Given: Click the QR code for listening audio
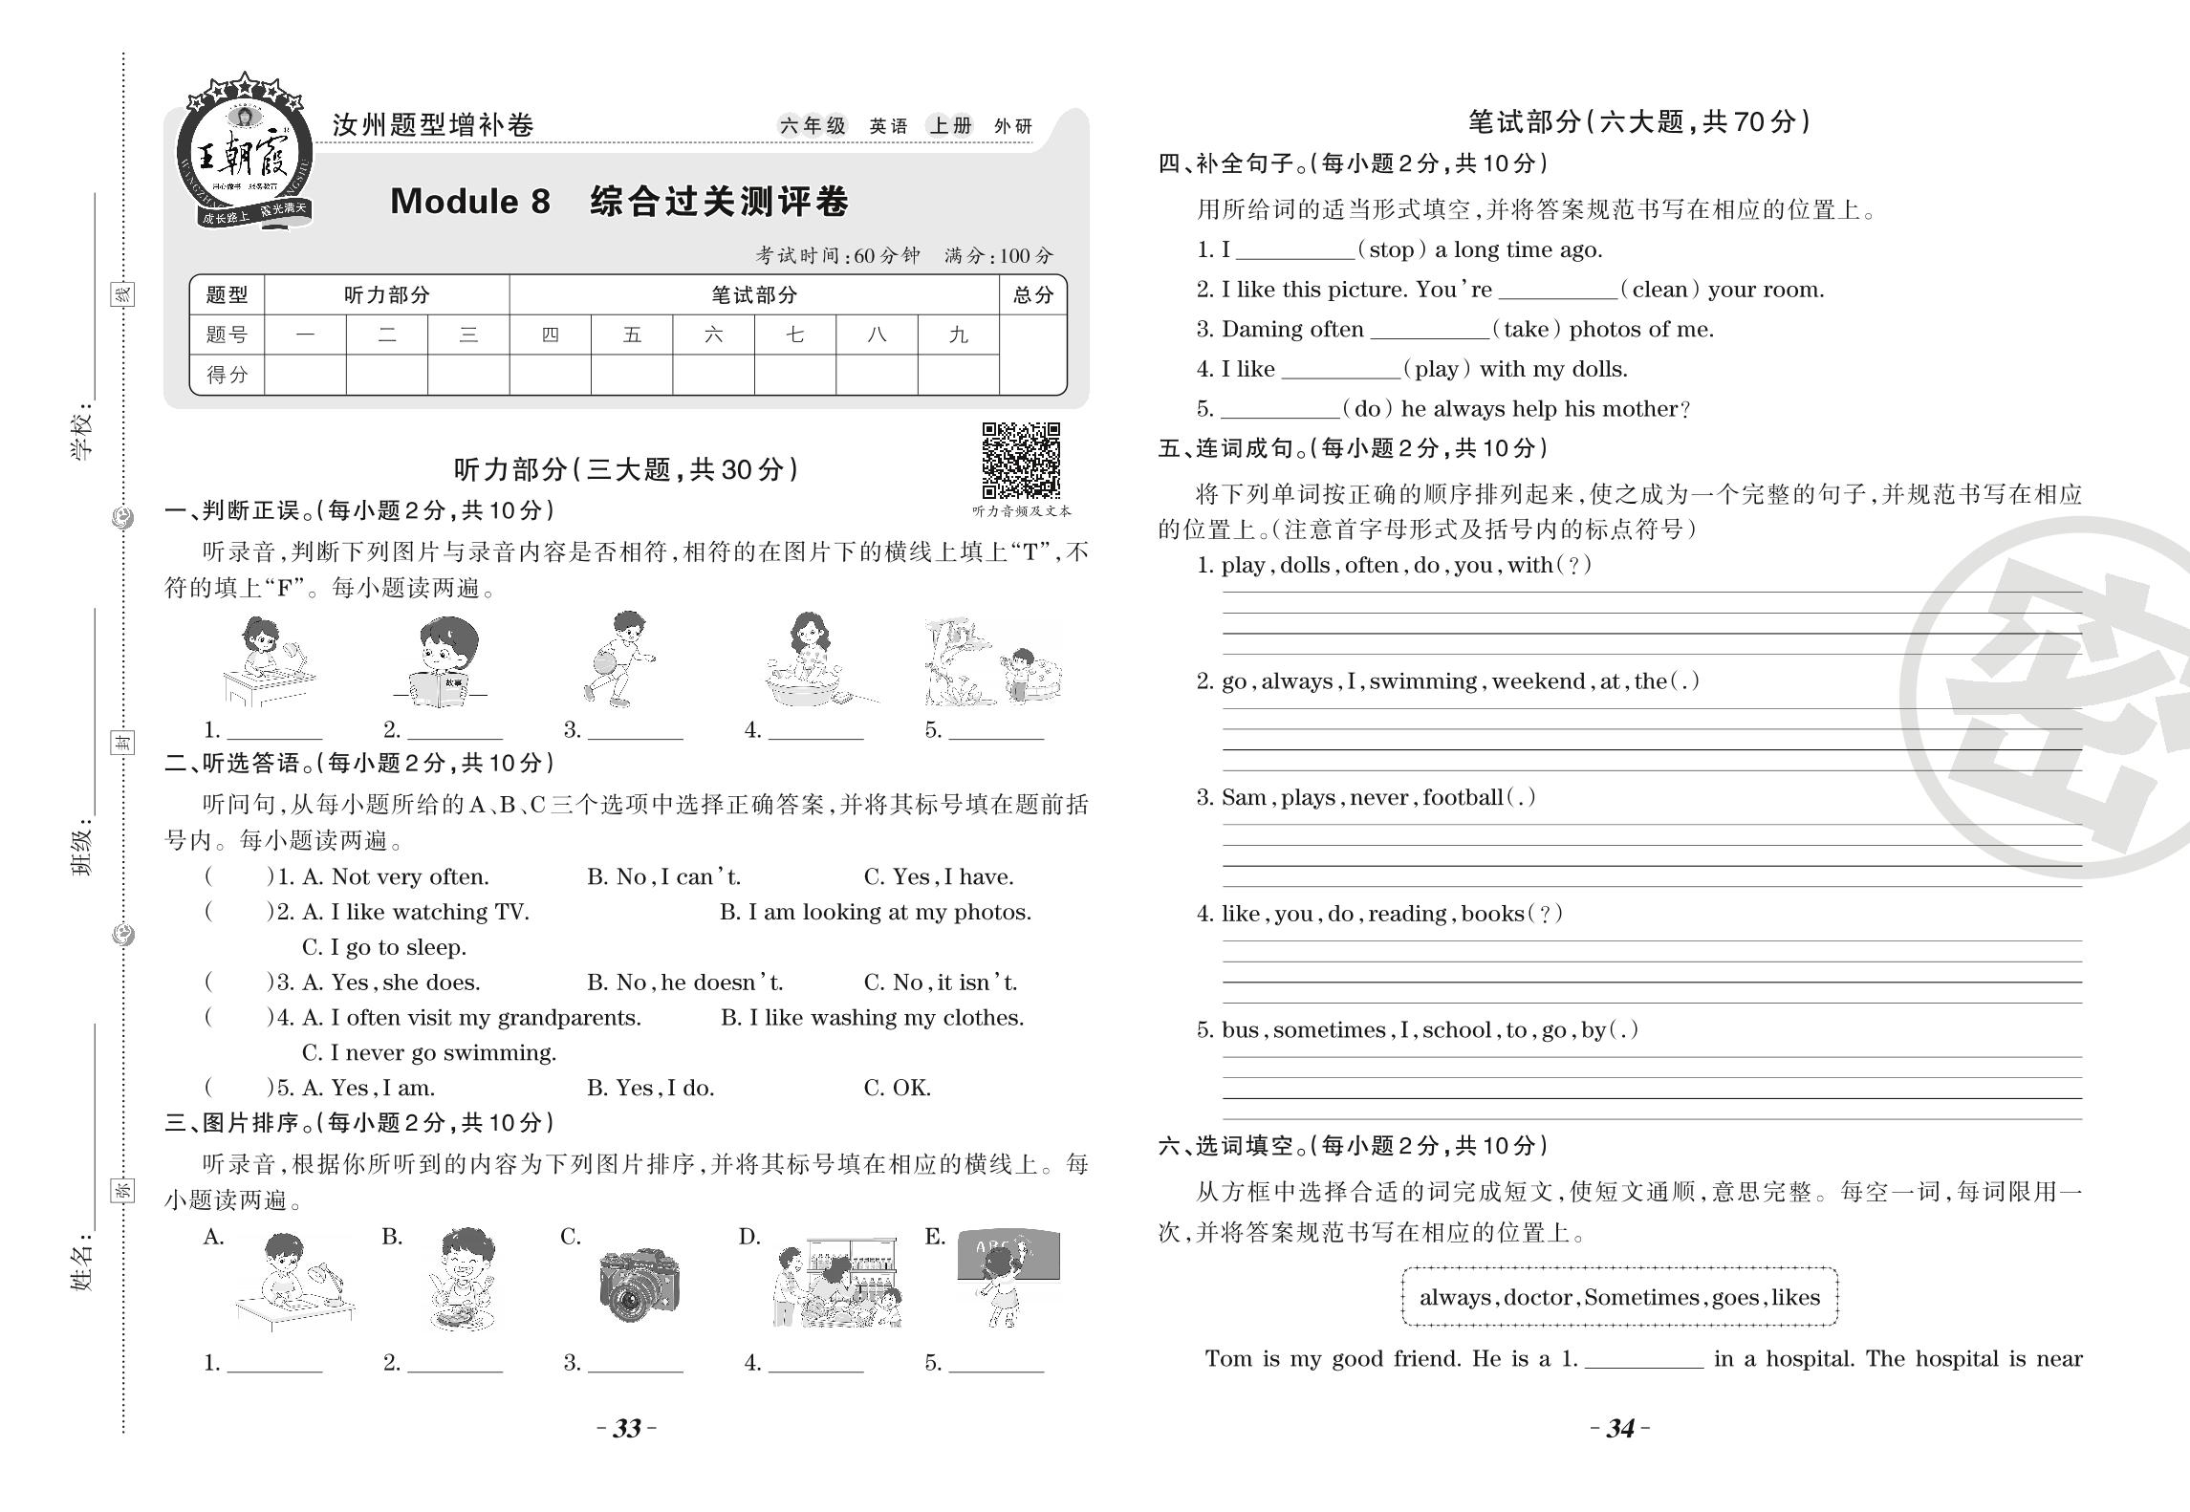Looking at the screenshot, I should [1021, 460].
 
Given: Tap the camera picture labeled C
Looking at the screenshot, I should [640, 1284].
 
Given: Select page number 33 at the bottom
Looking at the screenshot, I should [626, 1428].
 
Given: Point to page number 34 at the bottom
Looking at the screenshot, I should [1620, 1428].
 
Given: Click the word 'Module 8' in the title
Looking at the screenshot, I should [470, 202].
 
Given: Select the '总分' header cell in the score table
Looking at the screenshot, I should [1032, 295].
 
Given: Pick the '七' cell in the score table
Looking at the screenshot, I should [794, 335].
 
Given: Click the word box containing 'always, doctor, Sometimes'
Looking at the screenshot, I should [1619, 1297].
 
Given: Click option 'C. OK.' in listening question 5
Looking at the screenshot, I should [897, 1088].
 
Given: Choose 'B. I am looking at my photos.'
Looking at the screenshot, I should [876, 912].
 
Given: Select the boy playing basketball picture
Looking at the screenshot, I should [619, 659].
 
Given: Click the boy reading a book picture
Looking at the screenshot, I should [439, 661].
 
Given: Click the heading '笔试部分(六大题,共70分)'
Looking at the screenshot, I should [1638, 122].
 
